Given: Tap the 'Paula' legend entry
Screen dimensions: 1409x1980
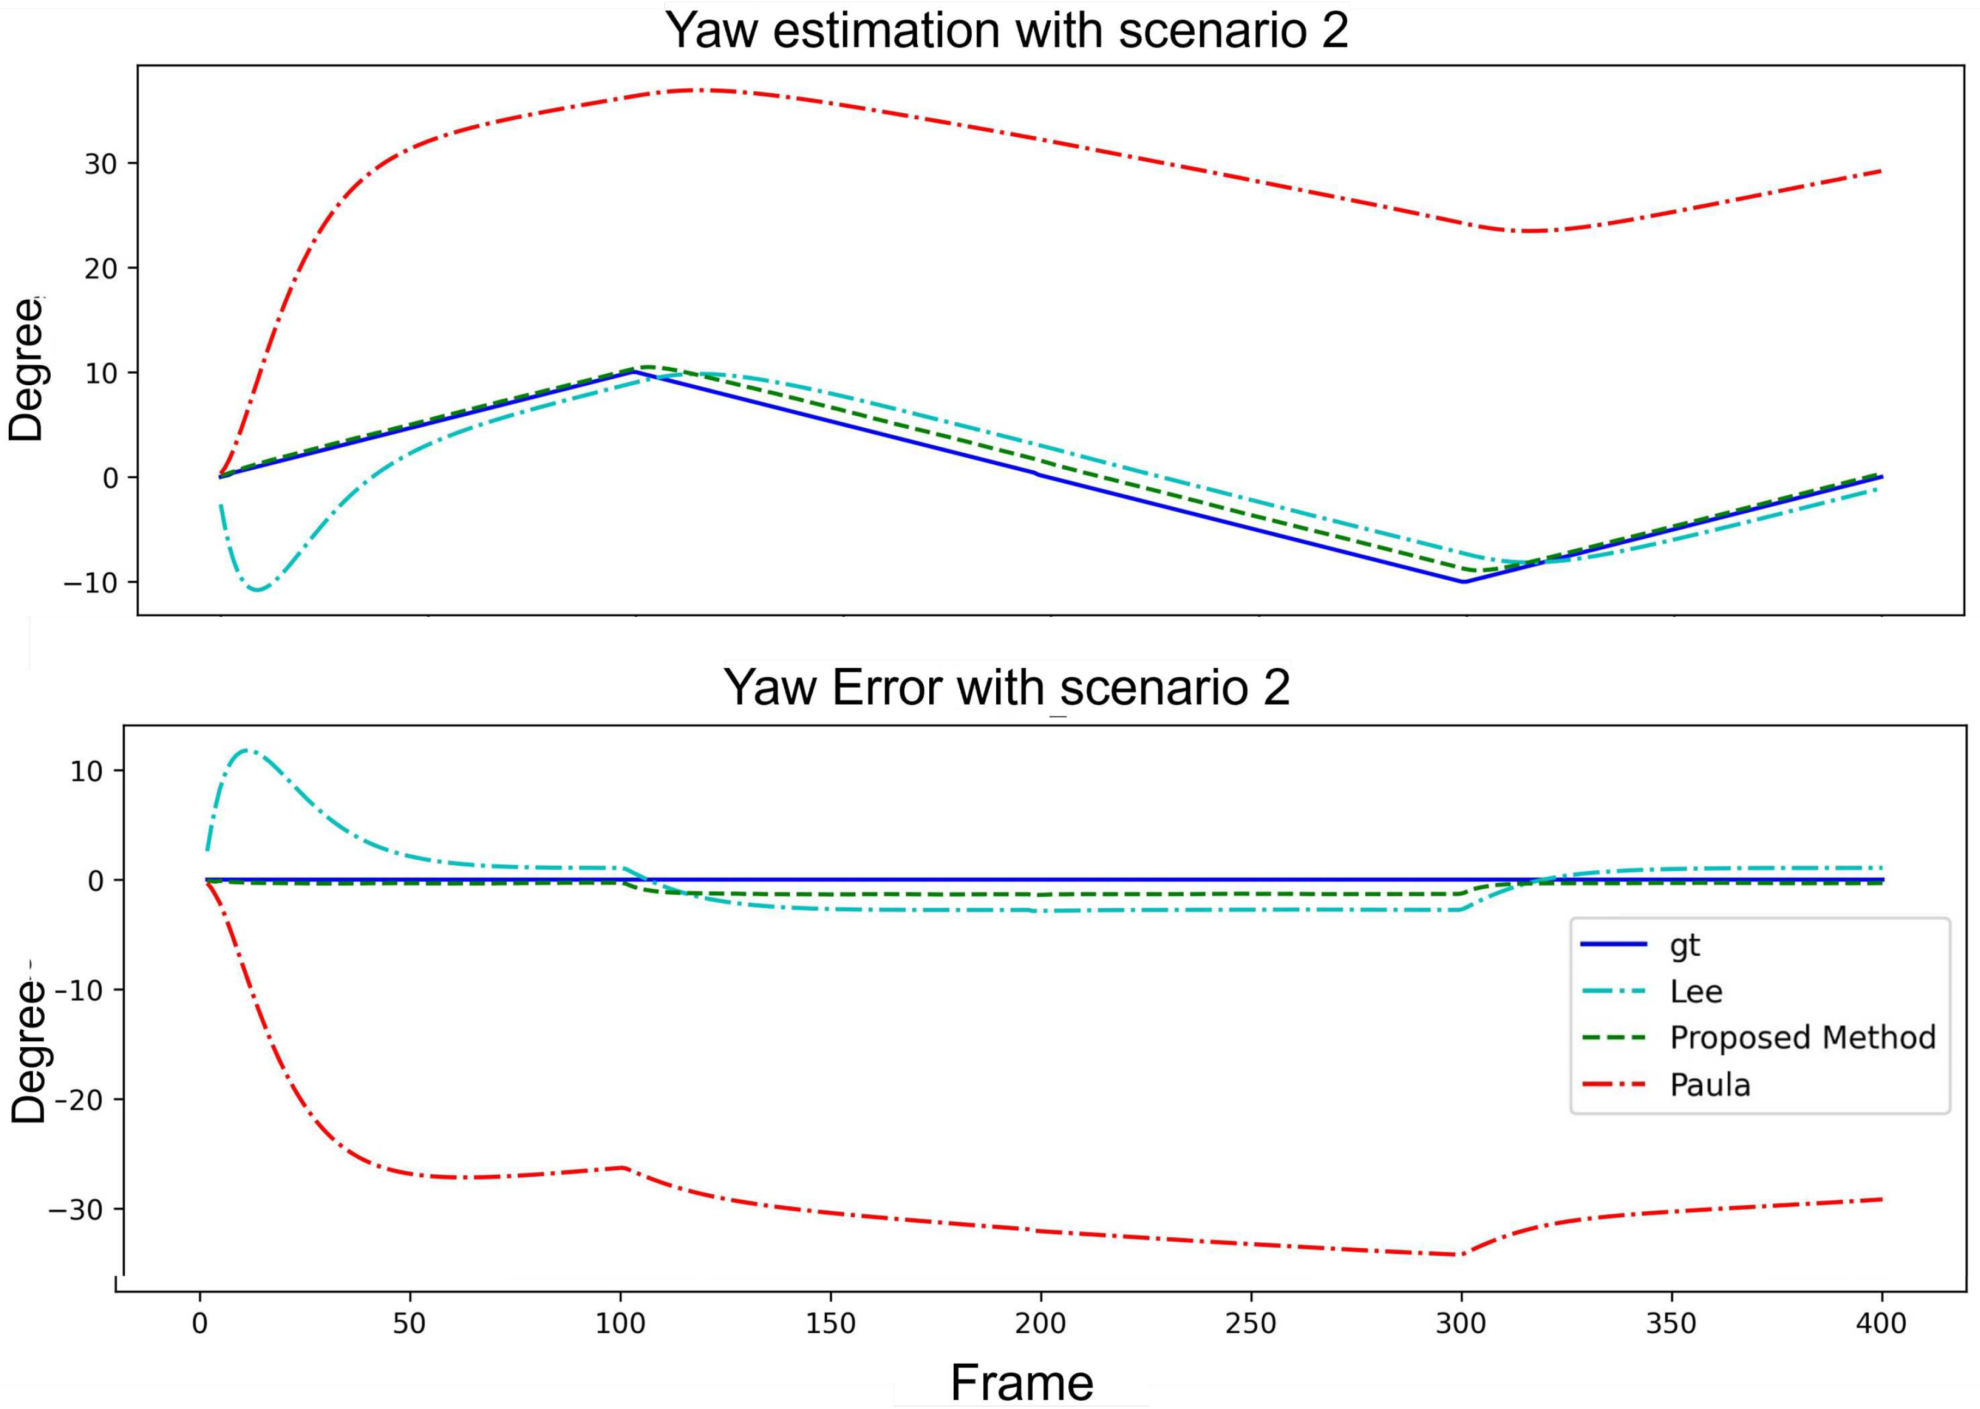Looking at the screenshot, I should pos(1709,1084).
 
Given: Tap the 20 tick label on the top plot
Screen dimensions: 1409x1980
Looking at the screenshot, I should pos(101,268).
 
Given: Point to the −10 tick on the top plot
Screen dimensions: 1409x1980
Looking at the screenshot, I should pos(90,582).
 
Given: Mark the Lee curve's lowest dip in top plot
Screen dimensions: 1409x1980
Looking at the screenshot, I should pos(258,590).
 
